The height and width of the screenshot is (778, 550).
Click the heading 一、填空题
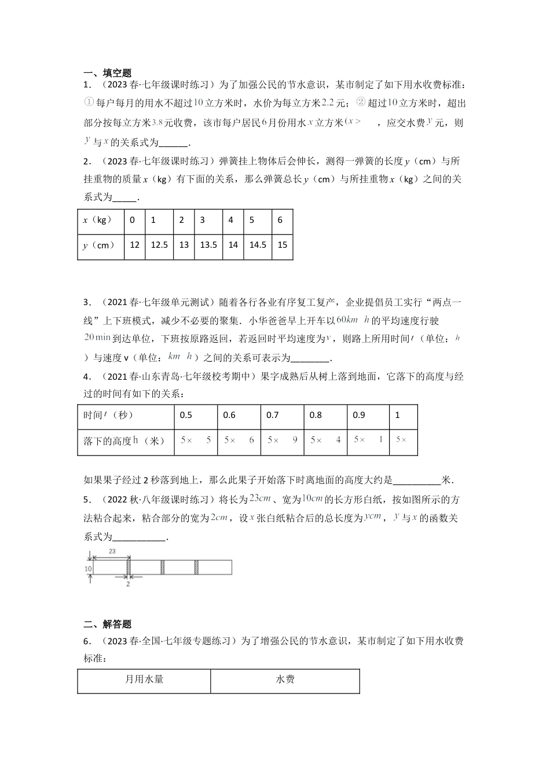pos(108,73)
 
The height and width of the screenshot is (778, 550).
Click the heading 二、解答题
pos(108,624)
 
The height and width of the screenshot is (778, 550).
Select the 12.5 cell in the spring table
pos(159,245)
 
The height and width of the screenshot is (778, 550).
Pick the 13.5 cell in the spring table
pos(208,245)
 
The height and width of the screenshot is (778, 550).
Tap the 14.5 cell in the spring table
pos(258,245)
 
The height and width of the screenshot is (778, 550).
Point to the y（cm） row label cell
pos(99,245)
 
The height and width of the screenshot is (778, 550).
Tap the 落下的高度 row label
pos(124,441)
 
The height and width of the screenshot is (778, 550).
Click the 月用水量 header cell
pos(144,679)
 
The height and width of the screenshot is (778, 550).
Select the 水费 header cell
pos(285,679)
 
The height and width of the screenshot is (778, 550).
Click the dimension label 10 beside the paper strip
pos(88,569)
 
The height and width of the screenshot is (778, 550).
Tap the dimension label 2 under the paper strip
pos(128,584)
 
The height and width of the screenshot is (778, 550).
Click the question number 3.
pos(86,302)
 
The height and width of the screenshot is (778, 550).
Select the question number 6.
pos(86,641)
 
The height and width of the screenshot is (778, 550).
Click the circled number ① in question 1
pos(89,102)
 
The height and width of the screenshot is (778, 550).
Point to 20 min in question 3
pos(97,337)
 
